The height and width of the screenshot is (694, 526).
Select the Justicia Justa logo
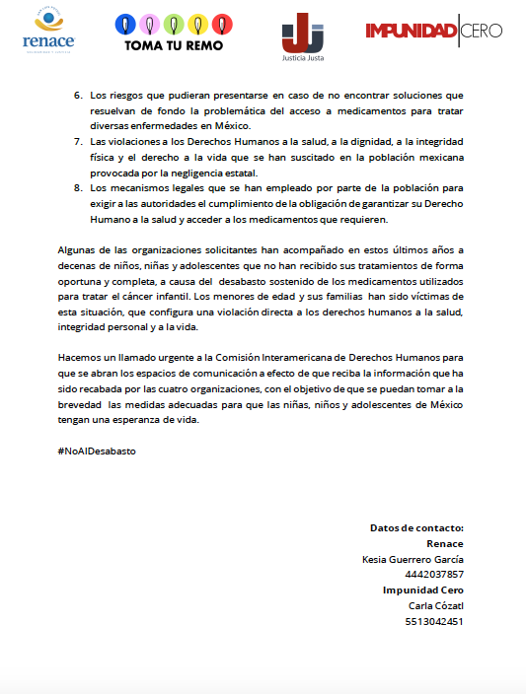pos(302,33)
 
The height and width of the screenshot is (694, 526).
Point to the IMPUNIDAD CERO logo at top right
pos(433,31)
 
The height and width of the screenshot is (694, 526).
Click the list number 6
pos(79,96)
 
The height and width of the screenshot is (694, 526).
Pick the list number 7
pos(79,143)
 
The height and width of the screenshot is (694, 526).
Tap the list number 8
pos(79,187)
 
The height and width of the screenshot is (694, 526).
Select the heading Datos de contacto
pos(416,528)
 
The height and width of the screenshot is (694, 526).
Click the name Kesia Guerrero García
pos(413,559)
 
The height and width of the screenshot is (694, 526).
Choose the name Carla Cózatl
pos(435,606)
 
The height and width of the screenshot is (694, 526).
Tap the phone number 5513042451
pos(434,622)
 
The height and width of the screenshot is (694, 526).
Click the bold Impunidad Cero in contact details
pos(423,590)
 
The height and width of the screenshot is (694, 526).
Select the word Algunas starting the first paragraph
pos(79,251)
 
